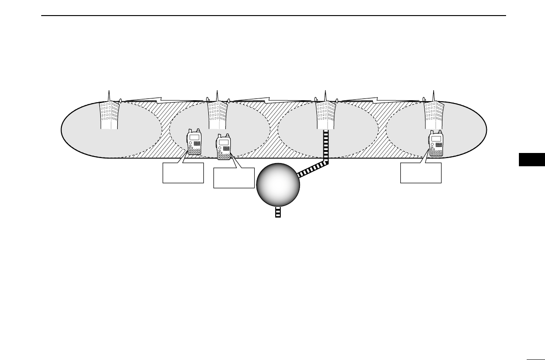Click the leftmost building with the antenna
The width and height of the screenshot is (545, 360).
click(109, 115)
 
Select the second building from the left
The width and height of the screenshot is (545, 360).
click(217, 115)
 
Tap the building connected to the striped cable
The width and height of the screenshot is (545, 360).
click(325, 115)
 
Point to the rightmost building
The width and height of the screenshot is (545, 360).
click(433, 115)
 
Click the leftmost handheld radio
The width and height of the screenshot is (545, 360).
click(194, 143)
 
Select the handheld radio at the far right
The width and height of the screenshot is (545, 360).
click(436, 144)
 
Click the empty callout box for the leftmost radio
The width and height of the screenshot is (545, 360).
click(183, 173)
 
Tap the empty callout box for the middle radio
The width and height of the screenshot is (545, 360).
click(234, 178)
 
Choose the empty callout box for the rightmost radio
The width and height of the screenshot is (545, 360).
click(420, 173)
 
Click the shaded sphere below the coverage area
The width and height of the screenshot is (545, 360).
click(278, 185)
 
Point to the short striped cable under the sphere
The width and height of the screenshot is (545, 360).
click(278, 212)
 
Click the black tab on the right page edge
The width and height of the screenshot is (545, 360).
click(532, 160)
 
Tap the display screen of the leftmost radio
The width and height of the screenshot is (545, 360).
click(194, 137)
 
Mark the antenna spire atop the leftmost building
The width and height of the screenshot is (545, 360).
click(109, 95)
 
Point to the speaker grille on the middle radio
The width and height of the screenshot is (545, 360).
click(226, 149)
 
